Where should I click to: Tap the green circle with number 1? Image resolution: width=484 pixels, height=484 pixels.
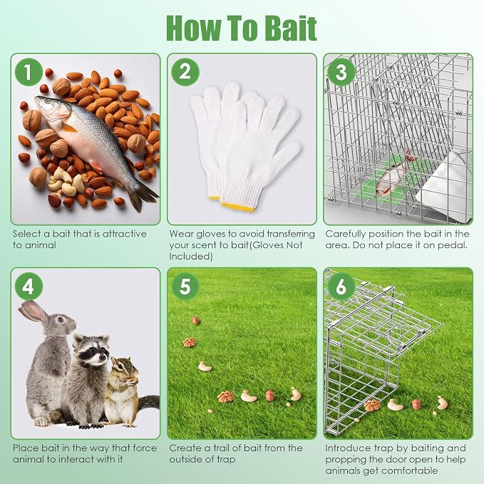tap(29, 72)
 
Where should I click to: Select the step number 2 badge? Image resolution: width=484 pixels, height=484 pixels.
tap(185, 72)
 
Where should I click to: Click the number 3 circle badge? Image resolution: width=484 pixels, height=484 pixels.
tap(341, 72)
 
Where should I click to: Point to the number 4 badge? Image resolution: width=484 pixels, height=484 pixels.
tap(29, 287)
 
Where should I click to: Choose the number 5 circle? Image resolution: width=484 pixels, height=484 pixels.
tap(185, 287)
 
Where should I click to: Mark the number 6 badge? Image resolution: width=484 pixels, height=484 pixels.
tap(341, 287)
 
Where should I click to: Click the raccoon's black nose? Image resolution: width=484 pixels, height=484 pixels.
tap(102, 357)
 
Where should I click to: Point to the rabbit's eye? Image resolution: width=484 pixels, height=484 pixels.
tap(61, 319)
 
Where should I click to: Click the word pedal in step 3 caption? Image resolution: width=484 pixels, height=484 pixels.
tap(455, 245)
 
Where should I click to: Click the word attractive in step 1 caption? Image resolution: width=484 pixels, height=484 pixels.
tap(125, 234)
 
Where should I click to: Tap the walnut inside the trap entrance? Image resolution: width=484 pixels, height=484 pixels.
tap(373, 406)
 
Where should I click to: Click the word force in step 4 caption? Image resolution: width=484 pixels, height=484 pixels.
tap(145, 448)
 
